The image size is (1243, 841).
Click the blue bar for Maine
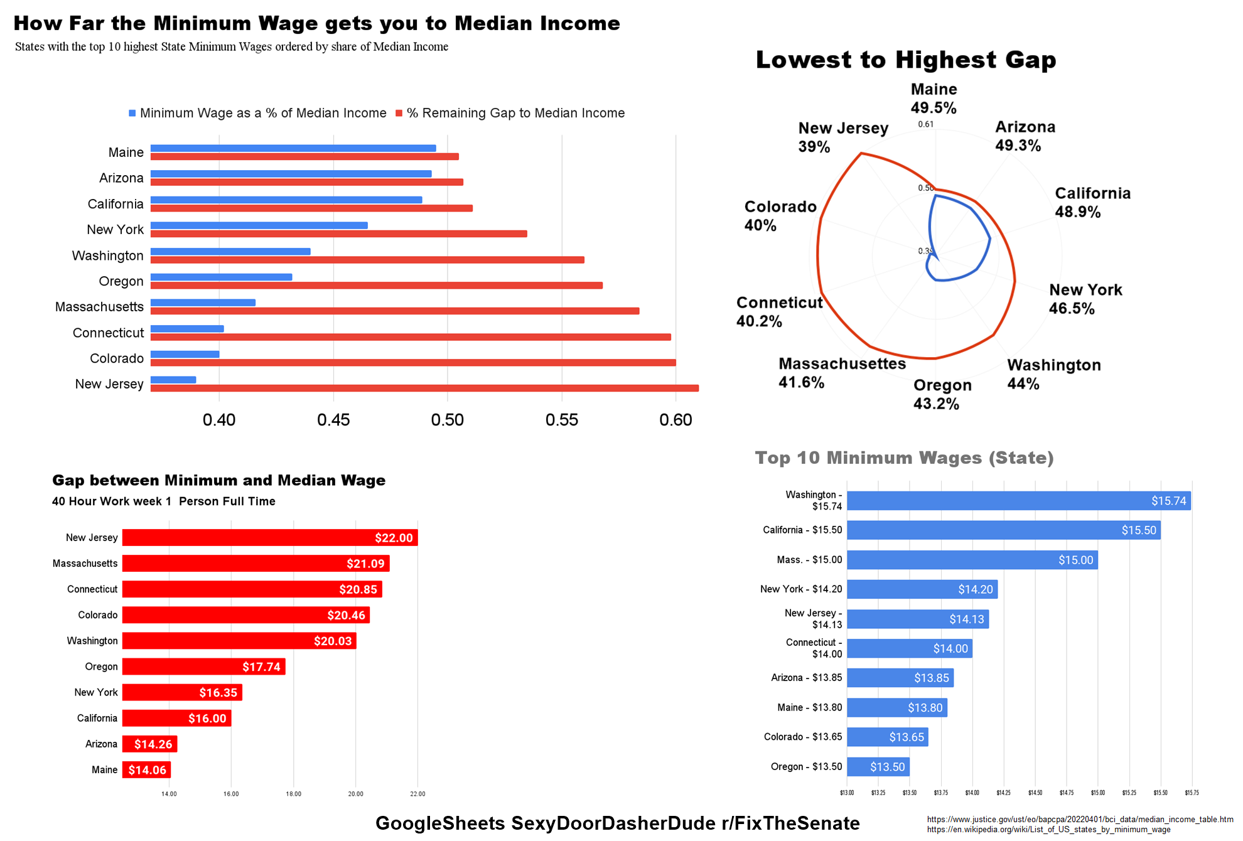[293, 148]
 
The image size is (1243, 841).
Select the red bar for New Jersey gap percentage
[424, 388]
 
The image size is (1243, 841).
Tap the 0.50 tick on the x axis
[447, 420]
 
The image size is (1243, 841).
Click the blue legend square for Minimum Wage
[132, 113]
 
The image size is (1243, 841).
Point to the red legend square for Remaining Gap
[399, 113]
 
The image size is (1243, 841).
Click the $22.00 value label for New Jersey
[394, 538]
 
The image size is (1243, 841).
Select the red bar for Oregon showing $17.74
[203, 667]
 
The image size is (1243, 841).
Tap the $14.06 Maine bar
[146, 769]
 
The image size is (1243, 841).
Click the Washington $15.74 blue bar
[1018, 501]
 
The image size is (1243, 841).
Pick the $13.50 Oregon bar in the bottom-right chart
[878, 766]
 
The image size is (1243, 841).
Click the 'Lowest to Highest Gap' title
[906, 60]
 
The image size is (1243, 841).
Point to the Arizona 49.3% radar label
[1025, 136]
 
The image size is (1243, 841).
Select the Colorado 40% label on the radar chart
[780, 216]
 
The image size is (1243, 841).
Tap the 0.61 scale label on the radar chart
[925, 124]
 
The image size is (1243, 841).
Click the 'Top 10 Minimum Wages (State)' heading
[904, 458]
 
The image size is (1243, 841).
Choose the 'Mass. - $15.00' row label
[809, 560]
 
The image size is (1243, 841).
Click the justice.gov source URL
[1080, 819]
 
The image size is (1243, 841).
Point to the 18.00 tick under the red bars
[293, 794]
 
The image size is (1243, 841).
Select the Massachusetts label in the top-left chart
[99, 307]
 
